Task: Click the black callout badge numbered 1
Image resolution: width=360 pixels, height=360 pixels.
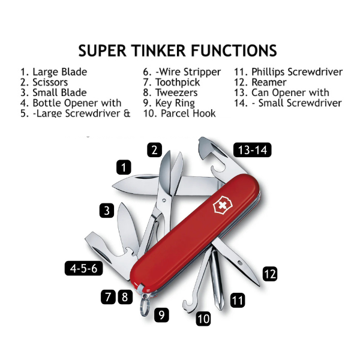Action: click(x=124, y=167)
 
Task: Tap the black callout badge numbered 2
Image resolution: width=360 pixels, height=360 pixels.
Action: click(x=155, y=150)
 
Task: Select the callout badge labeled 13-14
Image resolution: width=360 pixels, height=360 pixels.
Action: click(x=252, y=150)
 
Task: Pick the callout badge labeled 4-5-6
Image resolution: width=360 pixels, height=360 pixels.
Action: click(x=83, y=268)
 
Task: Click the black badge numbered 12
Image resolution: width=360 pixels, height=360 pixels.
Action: click(x=269, y=274)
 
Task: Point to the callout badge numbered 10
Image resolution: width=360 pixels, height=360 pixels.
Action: click(x=203, y=319)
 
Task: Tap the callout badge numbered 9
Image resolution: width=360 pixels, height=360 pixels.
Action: click(x=161, y=314)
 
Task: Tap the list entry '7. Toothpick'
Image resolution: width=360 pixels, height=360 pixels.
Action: click(x=171, y=82)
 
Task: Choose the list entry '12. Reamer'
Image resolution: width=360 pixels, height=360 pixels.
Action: click(x=260, y=82)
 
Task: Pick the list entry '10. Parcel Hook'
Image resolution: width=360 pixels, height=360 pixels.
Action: click(x=179, y=113)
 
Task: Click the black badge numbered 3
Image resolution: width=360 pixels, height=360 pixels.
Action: click(x=107, y=211)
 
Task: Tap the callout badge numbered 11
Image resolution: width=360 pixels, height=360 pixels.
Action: click(x=238, y=300)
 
